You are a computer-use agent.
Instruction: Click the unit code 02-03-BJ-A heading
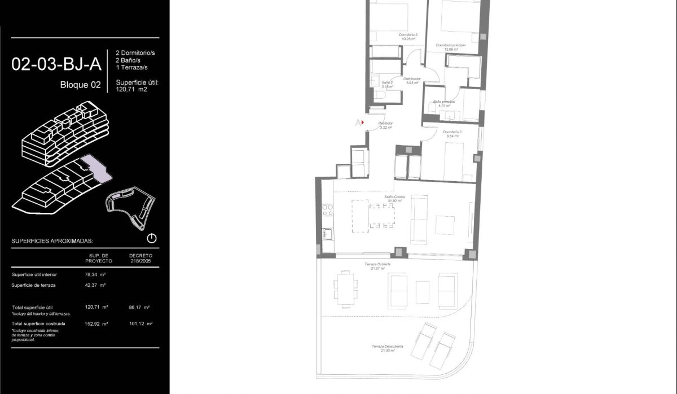coord(56,64)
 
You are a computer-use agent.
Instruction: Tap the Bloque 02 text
coord(80,85)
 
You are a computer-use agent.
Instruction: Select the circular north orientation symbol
coord(152,238)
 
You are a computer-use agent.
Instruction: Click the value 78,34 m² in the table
coord(99,275)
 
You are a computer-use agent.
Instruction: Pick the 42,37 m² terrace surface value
coord(99,285)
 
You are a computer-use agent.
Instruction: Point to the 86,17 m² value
coord(139,308)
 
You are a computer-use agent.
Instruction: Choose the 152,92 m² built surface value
coord(99,324)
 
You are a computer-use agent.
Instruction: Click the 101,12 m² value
coord(139,324)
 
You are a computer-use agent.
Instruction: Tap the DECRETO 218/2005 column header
coord(140,258)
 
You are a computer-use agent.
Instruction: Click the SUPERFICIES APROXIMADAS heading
coord(52,241)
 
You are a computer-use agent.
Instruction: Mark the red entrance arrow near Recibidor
coord(362,122)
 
